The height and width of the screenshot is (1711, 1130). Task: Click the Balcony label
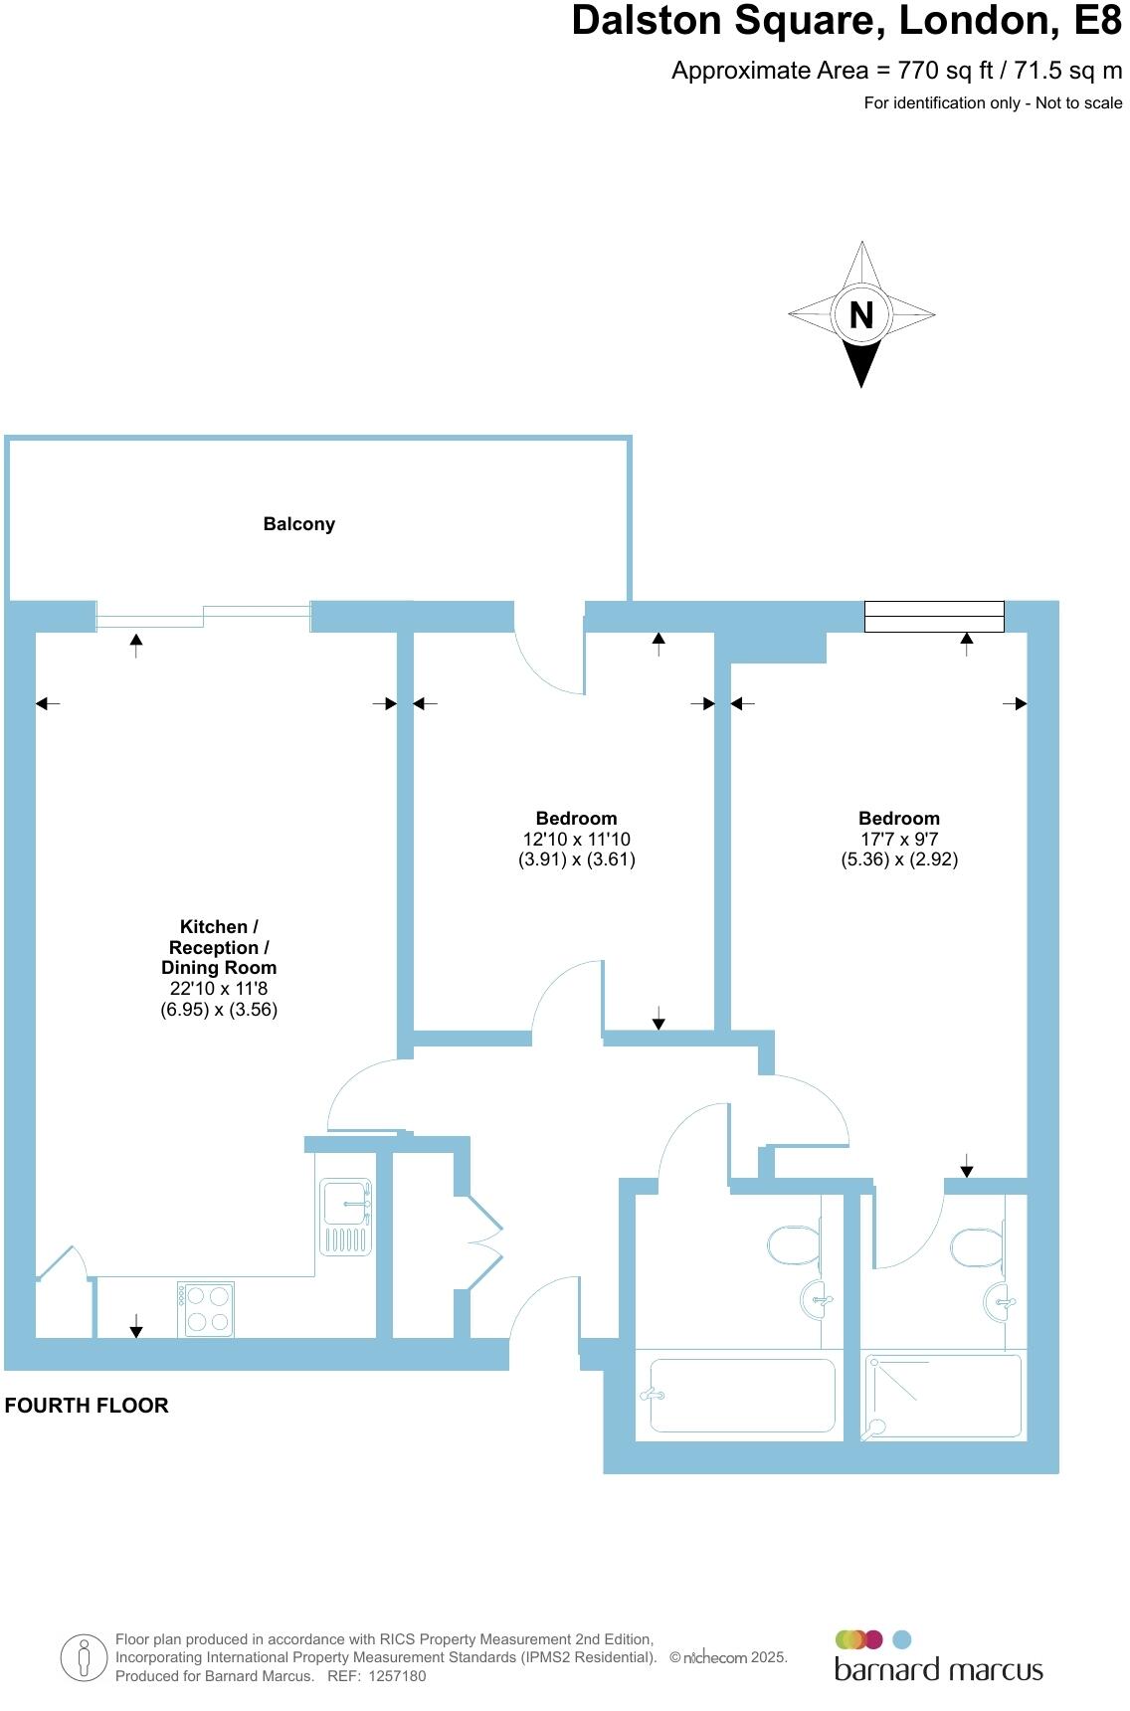coord(298,524)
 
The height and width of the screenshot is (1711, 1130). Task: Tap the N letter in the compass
coord(861,314)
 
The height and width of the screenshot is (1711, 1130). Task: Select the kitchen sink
coord(345,1216)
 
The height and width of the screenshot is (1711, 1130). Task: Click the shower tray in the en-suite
coord(942,1395)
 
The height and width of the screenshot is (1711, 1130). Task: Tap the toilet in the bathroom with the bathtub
coord(793,1244)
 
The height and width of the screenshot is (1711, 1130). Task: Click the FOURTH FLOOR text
coord(87,1406)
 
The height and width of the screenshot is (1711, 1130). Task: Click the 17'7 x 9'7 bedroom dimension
coord(899,840)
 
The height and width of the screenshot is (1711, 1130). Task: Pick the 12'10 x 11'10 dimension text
coord(577,840)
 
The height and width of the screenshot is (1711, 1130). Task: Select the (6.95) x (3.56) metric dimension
coord(219,1009)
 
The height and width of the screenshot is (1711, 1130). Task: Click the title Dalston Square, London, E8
coord(847,22)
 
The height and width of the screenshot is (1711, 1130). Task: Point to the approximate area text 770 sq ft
coord(896,71)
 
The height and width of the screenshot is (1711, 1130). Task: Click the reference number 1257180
coord(397,1676)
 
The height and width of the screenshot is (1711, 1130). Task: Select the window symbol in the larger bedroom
coord(934,617)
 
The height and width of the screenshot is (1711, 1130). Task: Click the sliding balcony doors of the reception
coord(203,617)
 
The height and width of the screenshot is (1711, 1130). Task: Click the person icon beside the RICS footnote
coord(84,1658)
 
